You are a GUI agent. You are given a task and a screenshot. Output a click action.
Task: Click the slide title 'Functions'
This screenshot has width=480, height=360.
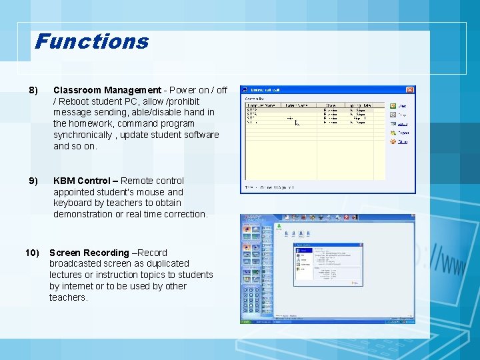(91, 41)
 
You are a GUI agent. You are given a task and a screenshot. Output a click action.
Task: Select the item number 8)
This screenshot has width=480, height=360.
(33, 90)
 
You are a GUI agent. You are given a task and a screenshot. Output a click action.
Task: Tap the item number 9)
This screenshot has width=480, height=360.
(33, 181)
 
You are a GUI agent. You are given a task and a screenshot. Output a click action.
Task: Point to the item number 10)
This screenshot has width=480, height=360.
(32, 253)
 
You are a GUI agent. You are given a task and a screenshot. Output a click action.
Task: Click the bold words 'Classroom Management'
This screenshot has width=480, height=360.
(107, 90)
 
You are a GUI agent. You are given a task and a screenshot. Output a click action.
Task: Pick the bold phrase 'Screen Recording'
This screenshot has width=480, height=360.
(89, 253)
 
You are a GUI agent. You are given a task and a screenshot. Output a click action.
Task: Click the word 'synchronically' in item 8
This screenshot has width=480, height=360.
(83, 135)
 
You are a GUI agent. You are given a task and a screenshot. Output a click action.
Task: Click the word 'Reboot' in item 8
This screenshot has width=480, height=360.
(74, 101)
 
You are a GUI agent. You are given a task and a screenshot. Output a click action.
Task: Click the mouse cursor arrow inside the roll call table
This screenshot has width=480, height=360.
(297, 123)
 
